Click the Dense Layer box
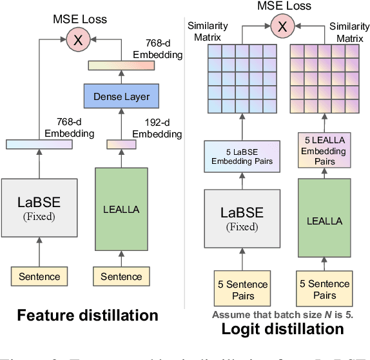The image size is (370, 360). click(x=121, y=97)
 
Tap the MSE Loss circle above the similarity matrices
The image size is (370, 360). click(x=280, y=26)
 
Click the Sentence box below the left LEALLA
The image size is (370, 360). click(x=121, y=276)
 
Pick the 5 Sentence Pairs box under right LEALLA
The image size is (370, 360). click(x=324, y=290)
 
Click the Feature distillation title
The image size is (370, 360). click(x=87, y=315)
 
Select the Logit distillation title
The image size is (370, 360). click(x=282, y=329)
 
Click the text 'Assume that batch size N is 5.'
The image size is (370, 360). click(x=282, y=315)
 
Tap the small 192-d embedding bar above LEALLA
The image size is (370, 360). click(x=121, y=145)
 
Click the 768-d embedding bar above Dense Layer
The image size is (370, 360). click(x=121, y=65)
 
